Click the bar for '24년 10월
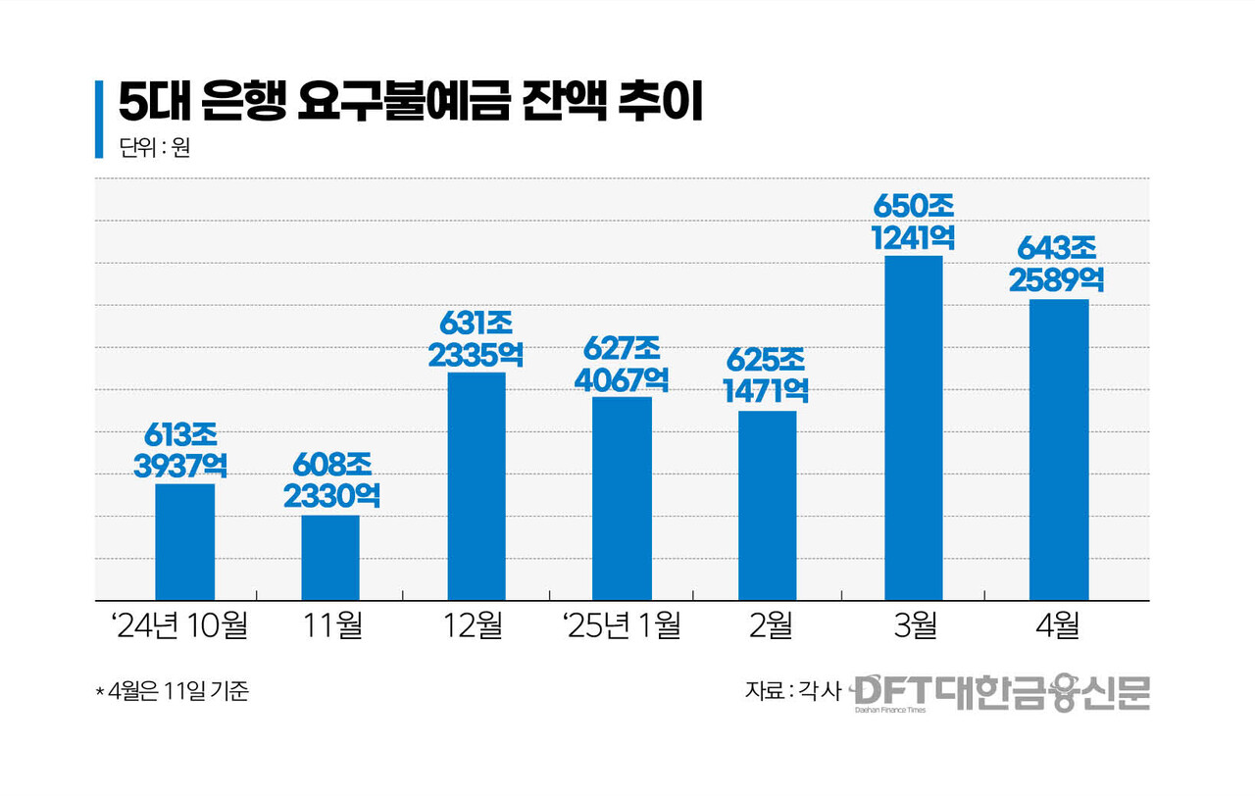point(184,541)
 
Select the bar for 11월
point(330,557)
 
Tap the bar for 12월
point(476,486)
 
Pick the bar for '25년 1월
point(622,498)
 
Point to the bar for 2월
point(767,505)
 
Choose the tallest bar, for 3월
point(913,427)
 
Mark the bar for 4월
point(1059,449)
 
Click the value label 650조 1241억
point(913,222)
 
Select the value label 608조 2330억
point(330,480)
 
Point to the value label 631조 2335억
point(476,338)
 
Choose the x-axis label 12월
point(475,625)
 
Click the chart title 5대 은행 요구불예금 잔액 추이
point(411,103)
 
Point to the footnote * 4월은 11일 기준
point(173,691)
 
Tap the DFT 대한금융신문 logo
point(1000,692)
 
